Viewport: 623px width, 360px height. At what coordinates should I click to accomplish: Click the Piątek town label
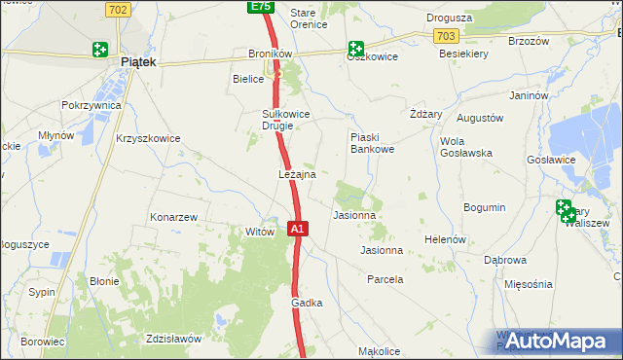(x=138, y=61)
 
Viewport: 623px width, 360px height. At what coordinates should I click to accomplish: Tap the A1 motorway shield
(x=299, y=230)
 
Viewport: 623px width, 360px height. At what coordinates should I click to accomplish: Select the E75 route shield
(x=259, y=7)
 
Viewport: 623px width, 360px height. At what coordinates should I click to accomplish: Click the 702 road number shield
(x=118, y=10)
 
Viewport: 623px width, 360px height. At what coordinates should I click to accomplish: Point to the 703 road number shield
(x=447, y=35)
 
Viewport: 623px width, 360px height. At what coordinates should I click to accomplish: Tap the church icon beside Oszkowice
(x=356, y=48)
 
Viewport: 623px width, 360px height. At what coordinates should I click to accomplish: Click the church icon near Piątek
(x=100, y=49)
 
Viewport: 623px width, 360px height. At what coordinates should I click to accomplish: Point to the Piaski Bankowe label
(x=371, y=143)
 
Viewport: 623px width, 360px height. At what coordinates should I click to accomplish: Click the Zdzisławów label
(x=172, y=339)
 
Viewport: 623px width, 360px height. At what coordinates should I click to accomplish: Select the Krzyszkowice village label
(x=148, y=138)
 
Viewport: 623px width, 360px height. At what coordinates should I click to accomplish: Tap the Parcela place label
(x=385, y=279)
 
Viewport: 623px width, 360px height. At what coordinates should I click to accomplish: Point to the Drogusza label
(x=449, y=18)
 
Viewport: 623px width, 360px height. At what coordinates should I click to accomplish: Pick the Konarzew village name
(x=174, y=217)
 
